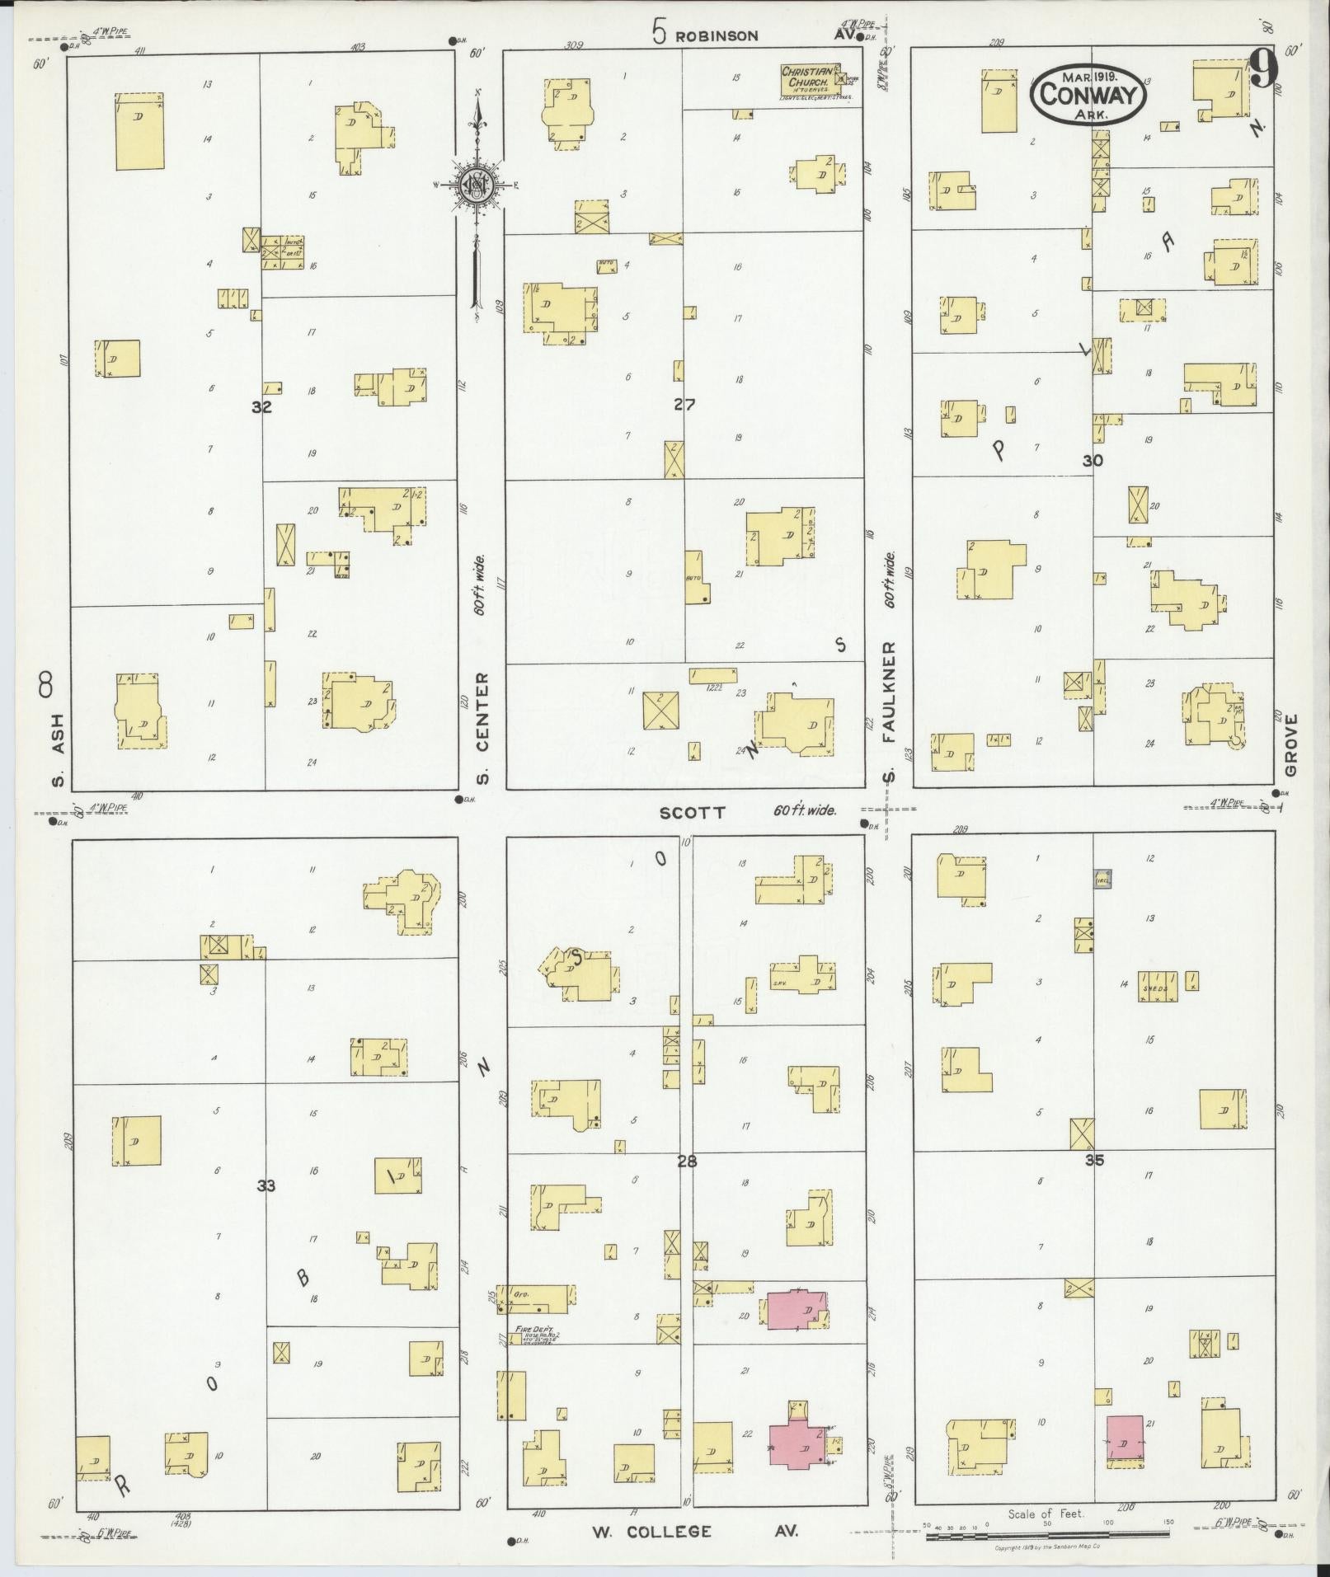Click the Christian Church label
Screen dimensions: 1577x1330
click(x=811, y=77)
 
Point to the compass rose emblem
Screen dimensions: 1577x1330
click(x=476, y=185)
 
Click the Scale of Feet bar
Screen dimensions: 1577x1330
click(x=1046, y=1535)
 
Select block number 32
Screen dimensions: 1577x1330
click(x=261, y=406)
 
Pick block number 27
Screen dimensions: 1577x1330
click(x=684, y=404)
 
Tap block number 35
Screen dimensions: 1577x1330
click(x=1094, y=1160)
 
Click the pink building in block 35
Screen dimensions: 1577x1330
click(x=1125, y=1442)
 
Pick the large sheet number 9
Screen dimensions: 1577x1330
click(x=1263, y=69)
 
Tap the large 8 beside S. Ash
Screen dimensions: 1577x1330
click(x=46, y=685)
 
